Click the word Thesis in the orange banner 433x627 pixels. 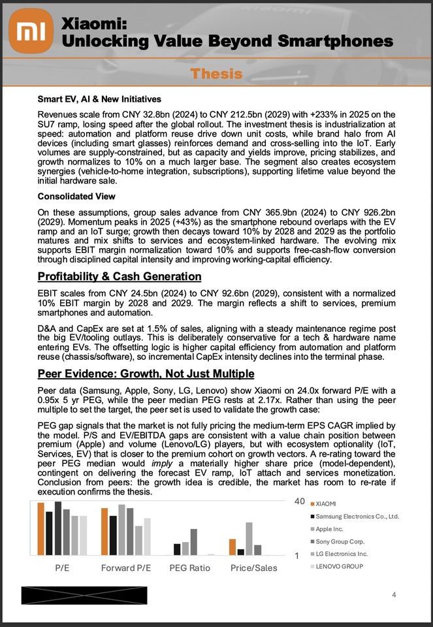click(216, 74)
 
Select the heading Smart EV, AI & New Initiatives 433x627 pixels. click(100, 100)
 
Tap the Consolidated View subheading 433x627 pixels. click(76, 196)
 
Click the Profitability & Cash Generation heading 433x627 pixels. click(120, 276)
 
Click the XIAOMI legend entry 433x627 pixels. click(326, 504)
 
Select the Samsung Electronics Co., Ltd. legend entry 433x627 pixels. click(357, 516)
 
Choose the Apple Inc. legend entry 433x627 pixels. click(330, 529)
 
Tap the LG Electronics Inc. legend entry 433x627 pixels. click(342, 554)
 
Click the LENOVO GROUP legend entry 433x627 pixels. click(339, 566)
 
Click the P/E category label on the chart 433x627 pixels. click(62, 568)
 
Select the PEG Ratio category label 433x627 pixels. click(190, 568)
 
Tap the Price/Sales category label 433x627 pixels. click(253, 568)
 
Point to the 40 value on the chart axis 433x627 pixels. click(300, 502)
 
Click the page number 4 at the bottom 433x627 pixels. click(394, 594)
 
